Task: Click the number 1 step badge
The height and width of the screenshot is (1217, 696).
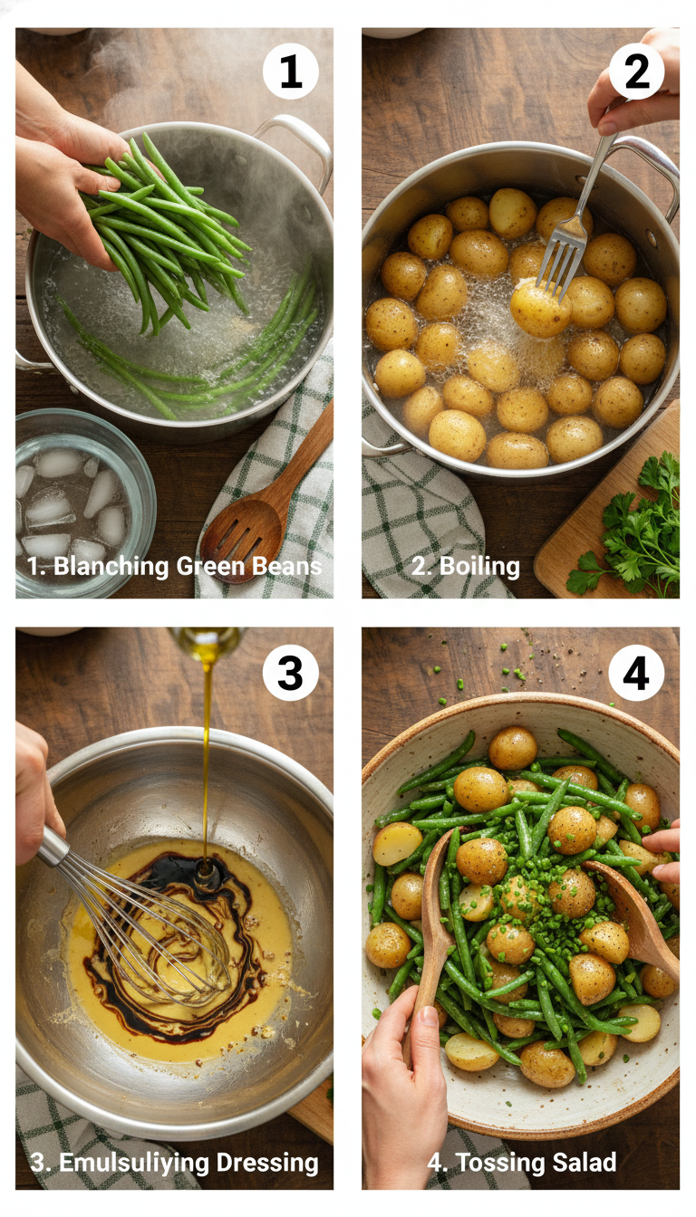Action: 290,72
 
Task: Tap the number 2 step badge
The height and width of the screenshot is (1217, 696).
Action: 636,72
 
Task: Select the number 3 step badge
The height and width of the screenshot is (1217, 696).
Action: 290,673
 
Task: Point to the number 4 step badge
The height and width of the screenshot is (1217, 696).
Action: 636,673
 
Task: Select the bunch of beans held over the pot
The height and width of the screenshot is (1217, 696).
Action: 172,226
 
